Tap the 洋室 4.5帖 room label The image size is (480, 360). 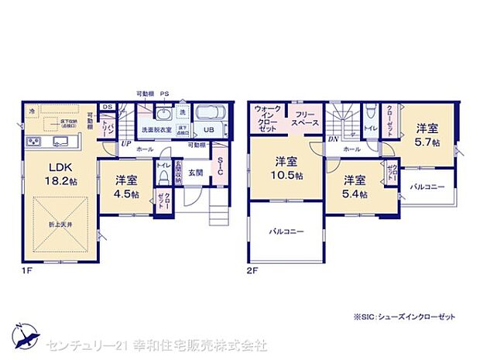[x=122, y=186]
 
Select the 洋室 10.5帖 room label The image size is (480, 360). [x=286, y=168]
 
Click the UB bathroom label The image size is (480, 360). [x=208, y=129]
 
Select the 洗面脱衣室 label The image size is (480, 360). [x=156, y=130]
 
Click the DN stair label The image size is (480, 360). [x=331, y=139]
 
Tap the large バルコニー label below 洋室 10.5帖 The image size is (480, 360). [x=286, y=231]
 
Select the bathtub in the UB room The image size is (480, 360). [x=208, y=113]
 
